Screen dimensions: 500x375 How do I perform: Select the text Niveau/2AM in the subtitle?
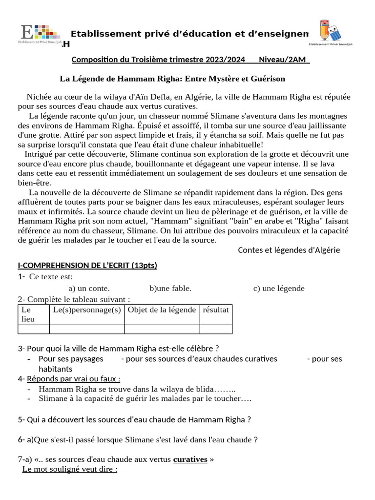pyautogui.click(x=283, y=60)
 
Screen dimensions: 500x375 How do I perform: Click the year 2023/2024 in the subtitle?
pyautogui.click(x=225, y=60)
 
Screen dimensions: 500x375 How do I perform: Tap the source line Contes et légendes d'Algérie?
pyautogui.click(x=289, y=250)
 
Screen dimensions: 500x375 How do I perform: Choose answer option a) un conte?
pyautogui.click(x=89, y=288)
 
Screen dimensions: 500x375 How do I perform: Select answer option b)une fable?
pyautogui.click(x=170, y=288)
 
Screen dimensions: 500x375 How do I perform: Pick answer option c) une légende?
pyautogui.click(x=278, y=288)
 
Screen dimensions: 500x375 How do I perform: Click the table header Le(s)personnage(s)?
pyautogui.click(x=87, y=310)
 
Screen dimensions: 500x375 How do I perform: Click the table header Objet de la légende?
pyautogui.click(x=162, y=310)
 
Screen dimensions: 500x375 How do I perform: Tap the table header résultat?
pyautogui.click(x=215, y=310)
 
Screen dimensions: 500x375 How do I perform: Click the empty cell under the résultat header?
pyautogui.click(x=215, y=329)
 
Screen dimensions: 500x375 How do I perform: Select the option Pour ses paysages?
pyautogui.click(x=71, y=359)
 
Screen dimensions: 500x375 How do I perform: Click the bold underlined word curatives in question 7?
pyautogui.click(x=190, y=459)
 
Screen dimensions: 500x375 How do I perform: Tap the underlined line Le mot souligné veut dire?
pyautogui.click(x=70, y=469)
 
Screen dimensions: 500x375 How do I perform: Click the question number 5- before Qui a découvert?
pyautogui.click(x=21, y=419)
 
